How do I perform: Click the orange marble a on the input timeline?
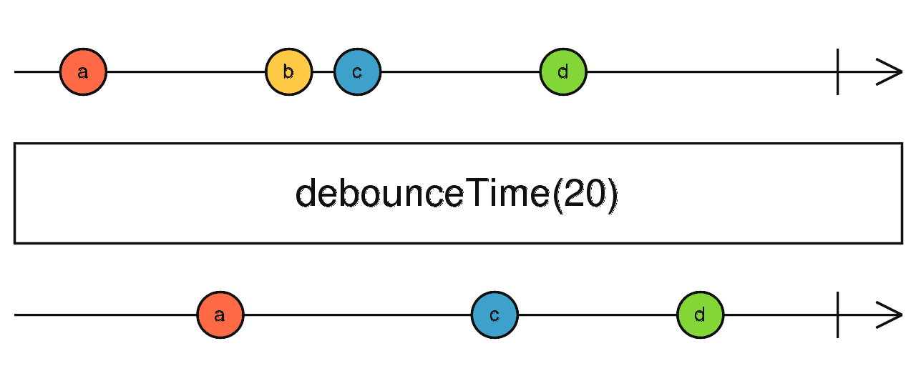[x=83, y=72]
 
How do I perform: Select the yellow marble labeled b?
[x=288, y=72]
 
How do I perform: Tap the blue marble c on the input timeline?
[x=357, y=72]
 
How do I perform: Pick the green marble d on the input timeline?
[x=563, y=72]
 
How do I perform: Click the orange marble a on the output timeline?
[x=220, y=315]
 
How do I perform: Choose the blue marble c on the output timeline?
[x=494, y=315]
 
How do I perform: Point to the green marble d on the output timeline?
[x=701, y=315]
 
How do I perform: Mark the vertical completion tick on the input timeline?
[x=837, y=72]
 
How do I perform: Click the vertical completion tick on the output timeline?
[x=837, y=315]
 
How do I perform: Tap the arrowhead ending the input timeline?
[x=891, y=72]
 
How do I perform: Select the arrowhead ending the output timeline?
[x=891, y=315]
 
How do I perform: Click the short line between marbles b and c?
[x=323, y=72]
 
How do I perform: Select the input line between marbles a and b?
[x=186, y=72]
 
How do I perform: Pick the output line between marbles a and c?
[x=358, y=315]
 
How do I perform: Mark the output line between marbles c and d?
[x=598, y=315]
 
